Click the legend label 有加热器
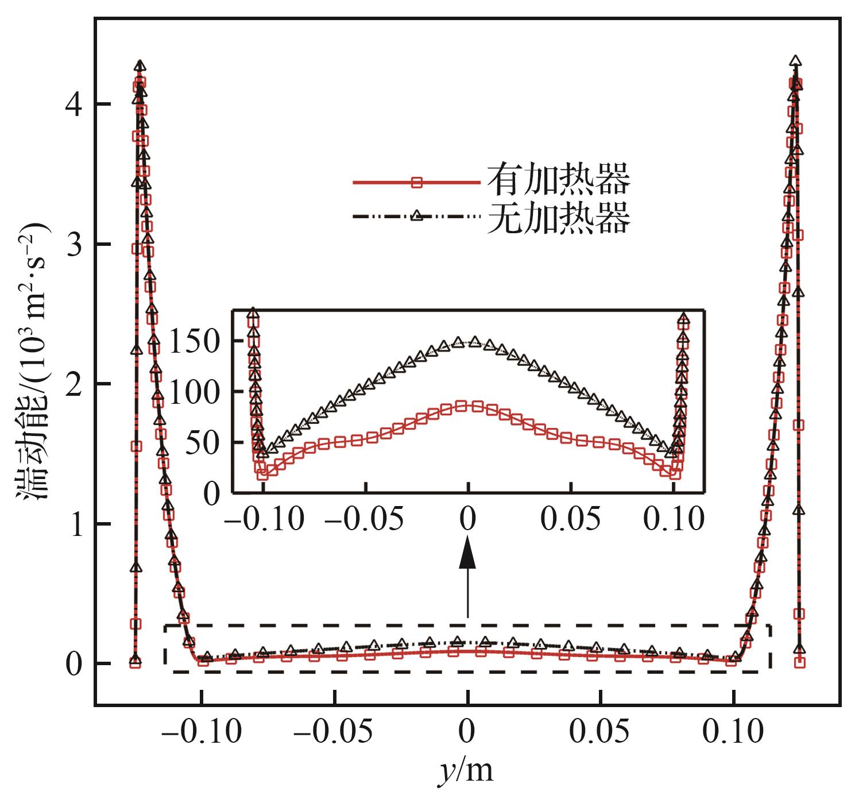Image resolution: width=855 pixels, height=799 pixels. click(558, 180)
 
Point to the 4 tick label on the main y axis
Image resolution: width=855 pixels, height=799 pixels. click(73, 105)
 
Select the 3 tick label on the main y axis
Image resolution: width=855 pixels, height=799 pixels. click(73, 245)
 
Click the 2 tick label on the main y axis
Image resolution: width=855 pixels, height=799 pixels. click(73, 384)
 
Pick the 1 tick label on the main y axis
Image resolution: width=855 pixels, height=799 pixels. click(73, 524)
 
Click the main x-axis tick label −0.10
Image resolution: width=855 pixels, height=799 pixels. click(202, 733)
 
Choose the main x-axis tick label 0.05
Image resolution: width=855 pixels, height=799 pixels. click(599, 733)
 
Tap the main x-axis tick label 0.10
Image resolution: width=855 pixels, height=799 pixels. click(733, 733)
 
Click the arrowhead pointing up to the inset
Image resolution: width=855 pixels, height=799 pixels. click(468, 553)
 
